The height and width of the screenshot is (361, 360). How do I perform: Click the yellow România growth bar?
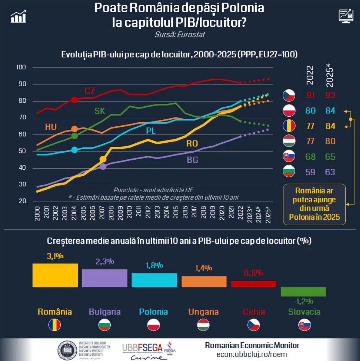[x=55, y=275]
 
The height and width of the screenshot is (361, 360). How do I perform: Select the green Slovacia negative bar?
[x=303, y=292]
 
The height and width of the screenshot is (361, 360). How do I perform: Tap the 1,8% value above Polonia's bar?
[x=154, y=265]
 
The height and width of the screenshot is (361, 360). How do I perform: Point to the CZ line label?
[x=90, y=91]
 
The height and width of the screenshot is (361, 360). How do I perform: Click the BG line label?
[x=192, y=160]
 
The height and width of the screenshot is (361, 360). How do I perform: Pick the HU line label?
[x=51, y=127]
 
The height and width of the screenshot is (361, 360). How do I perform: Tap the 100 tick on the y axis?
[x=22, y=67]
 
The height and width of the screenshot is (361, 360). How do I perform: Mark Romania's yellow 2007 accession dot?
[x=103, y=159]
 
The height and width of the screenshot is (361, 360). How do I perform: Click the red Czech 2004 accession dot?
[x=74, y=100]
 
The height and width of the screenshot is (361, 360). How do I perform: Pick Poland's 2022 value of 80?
[x=310, y=111]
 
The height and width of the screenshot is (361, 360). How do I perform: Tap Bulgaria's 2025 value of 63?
[x=330, y=172]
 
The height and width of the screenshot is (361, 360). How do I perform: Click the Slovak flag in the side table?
[x=289, y=157]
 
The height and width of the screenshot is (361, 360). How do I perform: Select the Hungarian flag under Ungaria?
[x=204, y=325]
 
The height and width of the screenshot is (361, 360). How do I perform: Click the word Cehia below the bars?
[x=254, y=312]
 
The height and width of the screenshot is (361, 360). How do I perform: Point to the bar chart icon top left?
[x=18, y=16]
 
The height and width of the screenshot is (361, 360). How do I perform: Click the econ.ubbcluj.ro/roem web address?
[x=252, y=354]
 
